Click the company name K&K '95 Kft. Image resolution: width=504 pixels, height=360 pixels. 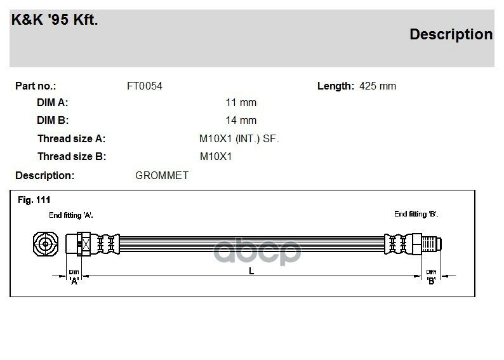click(x=55, y=20)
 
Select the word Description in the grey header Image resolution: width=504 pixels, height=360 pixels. click(x=451, y=34)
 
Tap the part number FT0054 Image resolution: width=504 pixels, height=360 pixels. click(x=145, y=86)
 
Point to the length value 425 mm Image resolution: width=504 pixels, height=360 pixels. click(x=378, y=86)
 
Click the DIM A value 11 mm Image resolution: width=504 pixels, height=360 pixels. click(x=241, y=103)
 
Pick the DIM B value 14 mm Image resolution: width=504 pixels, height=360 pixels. click(x=241, y=120)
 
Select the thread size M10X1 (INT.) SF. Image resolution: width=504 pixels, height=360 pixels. click(x=239, y=138)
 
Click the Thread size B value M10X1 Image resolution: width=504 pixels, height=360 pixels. click(x=216, y=156)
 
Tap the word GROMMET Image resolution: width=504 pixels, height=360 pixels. click(x=162, y=175)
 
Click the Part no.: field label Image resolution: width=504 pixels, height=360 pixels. click(x=36, y=86)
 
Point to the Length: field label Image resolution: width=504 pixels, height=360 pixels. click(x=335, y=86)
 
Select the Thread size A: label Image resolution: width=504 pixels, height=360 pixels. click(x=71, y=138)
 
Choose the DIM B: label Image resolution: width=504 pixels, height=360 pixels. click(x=53, y=120)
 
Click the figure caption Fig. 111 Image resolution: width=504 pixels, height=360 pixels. click(x=34, y=200)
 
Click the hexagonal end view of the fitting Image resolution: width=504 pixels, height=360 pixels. click(x=46, y=244)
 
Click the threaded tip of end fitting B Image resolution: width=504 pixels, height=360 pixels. click(x=434, y=244)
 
